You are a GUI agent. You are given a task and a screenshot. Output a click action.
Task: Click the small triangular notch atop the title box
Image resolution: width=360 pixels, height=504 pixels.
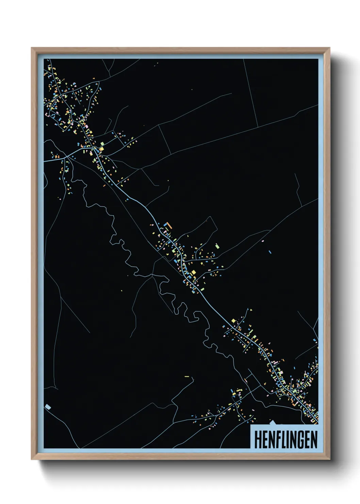tap(272, 423)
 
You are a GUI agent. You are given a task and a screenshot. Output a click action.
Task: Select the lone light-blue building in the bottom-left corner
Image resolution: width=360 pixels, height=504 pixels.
tap(48, 406)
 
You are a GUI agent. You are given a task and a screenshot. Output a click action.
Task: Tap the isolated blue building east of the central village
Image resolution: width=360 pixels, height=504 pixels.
tap(270, 252)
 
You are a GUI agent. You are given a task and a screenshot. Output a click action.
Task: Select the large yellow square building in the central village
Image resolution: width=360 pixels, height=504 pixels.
tap(194, 272)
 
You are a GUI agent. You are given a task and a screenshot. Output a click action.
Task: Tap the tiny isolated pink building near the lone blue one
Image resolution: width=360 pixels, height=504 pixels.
tap(263, 241)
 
